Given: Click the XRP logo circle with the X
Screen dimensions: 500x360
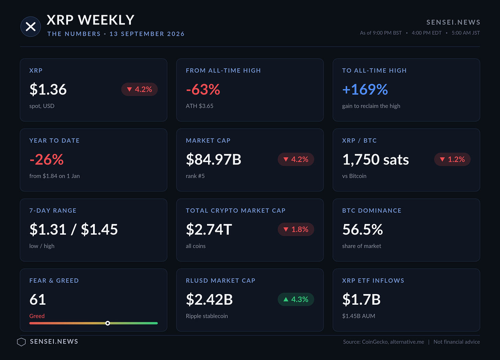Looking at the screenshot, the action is [31, 26].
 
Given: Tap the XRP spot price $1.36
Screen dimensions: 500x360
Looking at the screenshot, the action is [48, 89].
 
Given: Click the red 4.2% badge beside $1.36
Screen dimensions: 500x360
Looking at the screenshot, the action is [139, 89].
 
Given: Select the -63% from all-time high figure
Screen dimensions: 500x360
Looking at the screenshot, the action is [203, 89].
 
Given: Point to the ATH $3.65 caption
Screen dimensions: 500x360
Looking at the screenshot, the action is [199, 106].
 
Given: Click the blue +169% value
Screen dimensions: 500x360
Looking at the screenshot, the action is [365, 89].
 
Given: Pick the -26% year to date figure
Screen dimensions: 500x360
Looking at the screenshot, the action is [46, 159].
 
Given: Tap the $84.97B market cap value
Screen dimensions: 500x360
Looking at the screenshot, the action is [213, 159].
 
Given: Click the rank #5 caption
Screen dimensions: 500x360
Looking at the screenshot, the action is [195, 176].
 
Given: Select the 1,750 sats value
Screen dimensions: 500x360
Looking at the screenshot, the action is [375, 160].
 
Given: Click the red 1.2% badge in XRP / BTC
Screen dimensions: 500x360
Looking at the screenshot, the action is [453, 159].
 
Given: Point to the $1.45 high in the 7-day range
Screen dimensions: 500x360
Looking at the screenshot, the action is [99, 229].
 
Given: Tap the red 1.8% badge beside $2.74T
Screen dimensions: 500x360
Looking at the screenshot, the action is [296, 229].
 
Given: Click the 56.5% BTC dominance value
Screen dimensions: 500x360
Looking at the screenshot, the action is [363, 229].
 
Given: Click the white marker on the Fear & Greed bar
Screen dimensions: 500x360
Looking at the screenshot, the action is [107, 323].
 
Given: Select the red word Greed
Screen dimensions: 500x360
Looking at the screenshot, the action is [37, 316].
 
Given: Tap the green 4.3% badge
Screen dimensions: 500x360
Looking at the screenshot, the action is [296, 299].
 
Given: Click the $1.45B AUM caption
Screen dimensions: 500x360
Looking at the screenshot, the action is [359, 316].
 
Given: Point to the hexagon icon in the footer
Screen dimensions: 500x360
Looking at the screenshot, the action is [21, 342].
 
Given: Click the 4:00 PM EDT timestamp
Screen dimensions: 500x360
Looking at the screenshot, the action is [427, 33].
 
